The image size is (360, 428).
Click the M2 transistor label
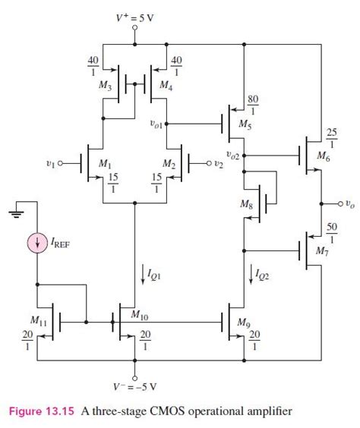pyautogui.click(x=172, y=163)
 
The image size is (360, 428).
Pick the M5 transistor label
pyautogui.click(x=245, y=123)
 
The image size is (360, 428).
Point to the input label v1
pyautogui.click(x=49, y=162)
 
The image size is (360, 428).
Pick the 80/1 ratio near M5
pyautogui.click(x=253, y=103)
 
